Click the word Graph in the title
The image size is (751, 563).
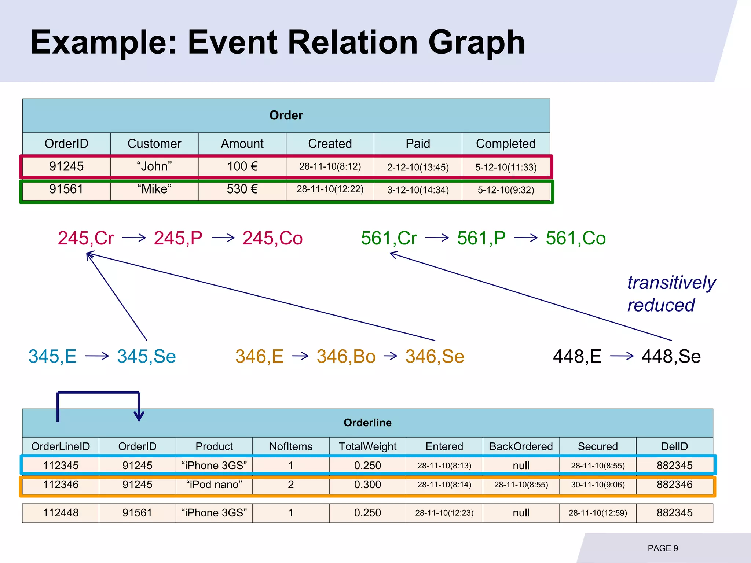point(476,43)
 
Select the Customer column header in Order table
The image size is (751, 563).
point(154,144)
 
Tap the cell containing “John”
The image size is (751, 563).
point(154,166)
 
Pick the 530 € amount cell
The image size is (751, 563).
point(242,189)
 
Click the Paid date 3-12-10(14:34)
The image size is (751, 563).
point(418,190)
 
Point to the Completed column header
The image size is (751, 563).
point(505,144)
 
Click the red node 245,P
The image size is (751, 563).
point(178,238)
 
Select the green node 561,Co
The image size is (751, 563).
point(575,238)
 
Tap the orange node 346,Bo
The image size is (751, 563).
point(346,356)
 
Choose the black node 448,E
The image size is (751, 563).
point(577,356)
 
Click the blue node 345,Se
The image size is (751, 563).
point(146,356)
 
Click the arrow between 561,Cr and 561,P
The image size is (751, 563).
point(437,238)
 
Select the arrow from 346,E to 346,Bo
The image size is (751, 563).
point(300,356)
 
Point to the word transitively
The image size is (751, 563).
point(671,283)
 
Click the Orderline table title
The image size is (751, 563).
point(367,423)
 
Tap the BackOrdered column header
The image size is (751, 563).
point(521,446)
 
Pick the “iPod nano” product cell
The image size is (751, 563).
point(214,485)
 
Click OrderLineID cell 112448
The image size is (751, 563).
point(61,513)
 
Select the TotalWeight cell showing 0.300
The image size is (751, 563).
point(367,485)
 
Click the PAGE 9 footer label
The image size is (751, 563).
point(663,548)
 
